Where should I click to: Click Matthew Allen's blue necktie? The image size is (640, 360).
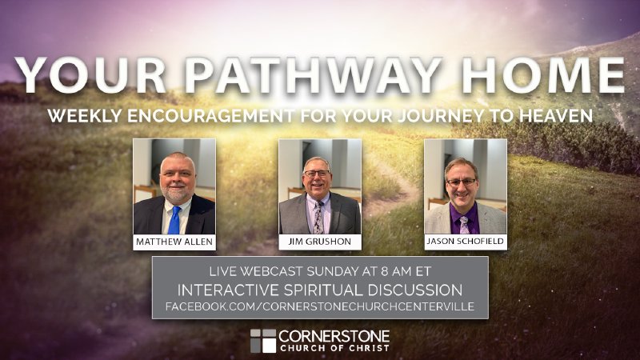(174, 219)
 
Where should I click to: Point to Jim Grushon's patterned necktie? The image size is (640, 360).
(319, 218)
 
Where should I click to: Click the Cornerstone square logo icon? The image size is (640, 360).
(262, 340)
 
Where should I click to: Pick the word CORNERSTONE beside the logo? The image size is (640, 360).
(334, 334)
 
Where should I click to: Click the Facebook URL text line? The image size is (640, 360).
(320, 306)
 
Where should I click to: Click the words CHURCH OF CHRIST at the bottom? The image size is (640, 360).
(334, 348)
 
